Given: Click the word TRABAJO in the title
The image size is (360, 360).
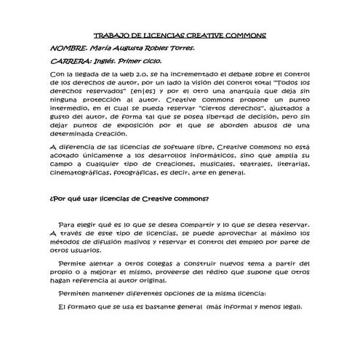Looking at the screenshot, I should point(110,36).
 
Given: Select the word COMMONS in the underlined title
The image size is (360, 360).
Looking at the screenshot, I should point(246,36).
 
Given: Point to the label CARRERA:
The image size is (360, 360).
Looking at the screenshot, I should point(71,62).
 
